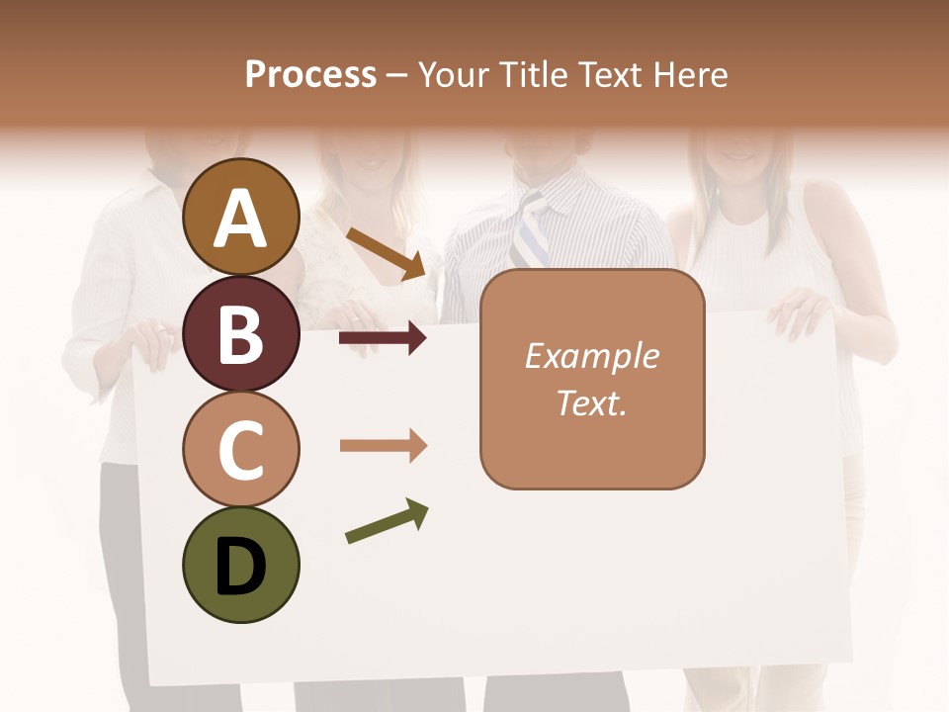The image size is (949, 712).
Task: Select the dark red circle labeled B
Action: coord(241,333)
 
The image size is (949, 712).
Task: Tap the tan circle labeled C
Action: coord(241,449)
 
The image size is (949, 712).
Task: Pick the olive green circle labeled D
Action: coord(241,565)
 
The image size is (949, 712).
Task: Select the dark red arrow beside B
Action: coord(383,339)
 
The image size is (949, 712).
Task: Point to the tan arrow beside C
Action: coord(383,446)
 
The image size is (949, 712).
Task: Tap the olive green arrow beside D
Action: coord(387,521)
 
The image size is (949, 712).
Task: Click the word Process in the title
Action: coord(310,75)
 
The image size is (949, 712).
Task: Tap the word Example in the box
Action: coord(591,356)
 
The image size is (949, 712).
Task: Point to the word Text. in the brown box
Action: coord(591,402)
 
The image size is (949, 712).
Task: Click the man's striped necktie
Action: coord(532,233)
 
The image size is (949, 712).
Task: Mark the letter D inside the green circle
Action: coord(241,568)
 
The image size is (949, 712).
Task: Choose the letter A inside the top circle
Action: coord(241,219)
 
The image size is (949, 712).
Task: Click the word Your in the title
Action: coord(449,75)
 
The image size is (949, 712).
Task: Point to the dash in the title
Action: coord(397,76)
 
